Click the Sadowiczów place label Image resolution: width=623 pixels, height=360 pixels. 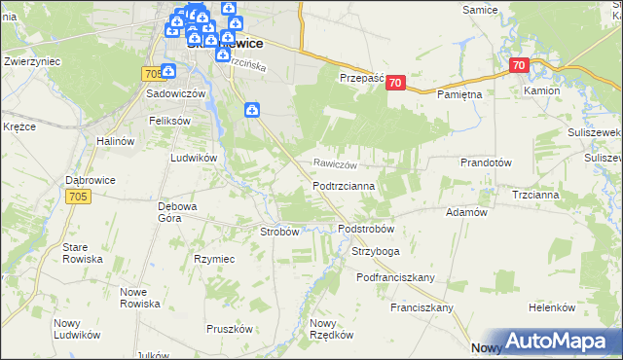click(x=175, y=94)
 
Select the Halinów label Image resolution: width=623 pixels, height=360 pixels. click(x=114, y=141)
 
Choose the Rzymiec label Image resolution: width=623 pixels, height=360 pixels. click(x=214, y=259)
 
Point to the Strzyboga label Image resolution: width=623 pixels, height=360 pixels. click(x=375, y=252)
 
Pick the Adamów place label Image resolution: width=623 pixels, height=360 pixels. click(x=465, y=212)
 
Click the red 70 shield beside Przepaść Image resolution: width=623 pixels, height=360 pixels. click(x=394, y=83)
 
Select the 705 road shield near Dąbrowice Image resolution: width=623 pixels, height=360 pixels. click(x=80, y=197)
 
